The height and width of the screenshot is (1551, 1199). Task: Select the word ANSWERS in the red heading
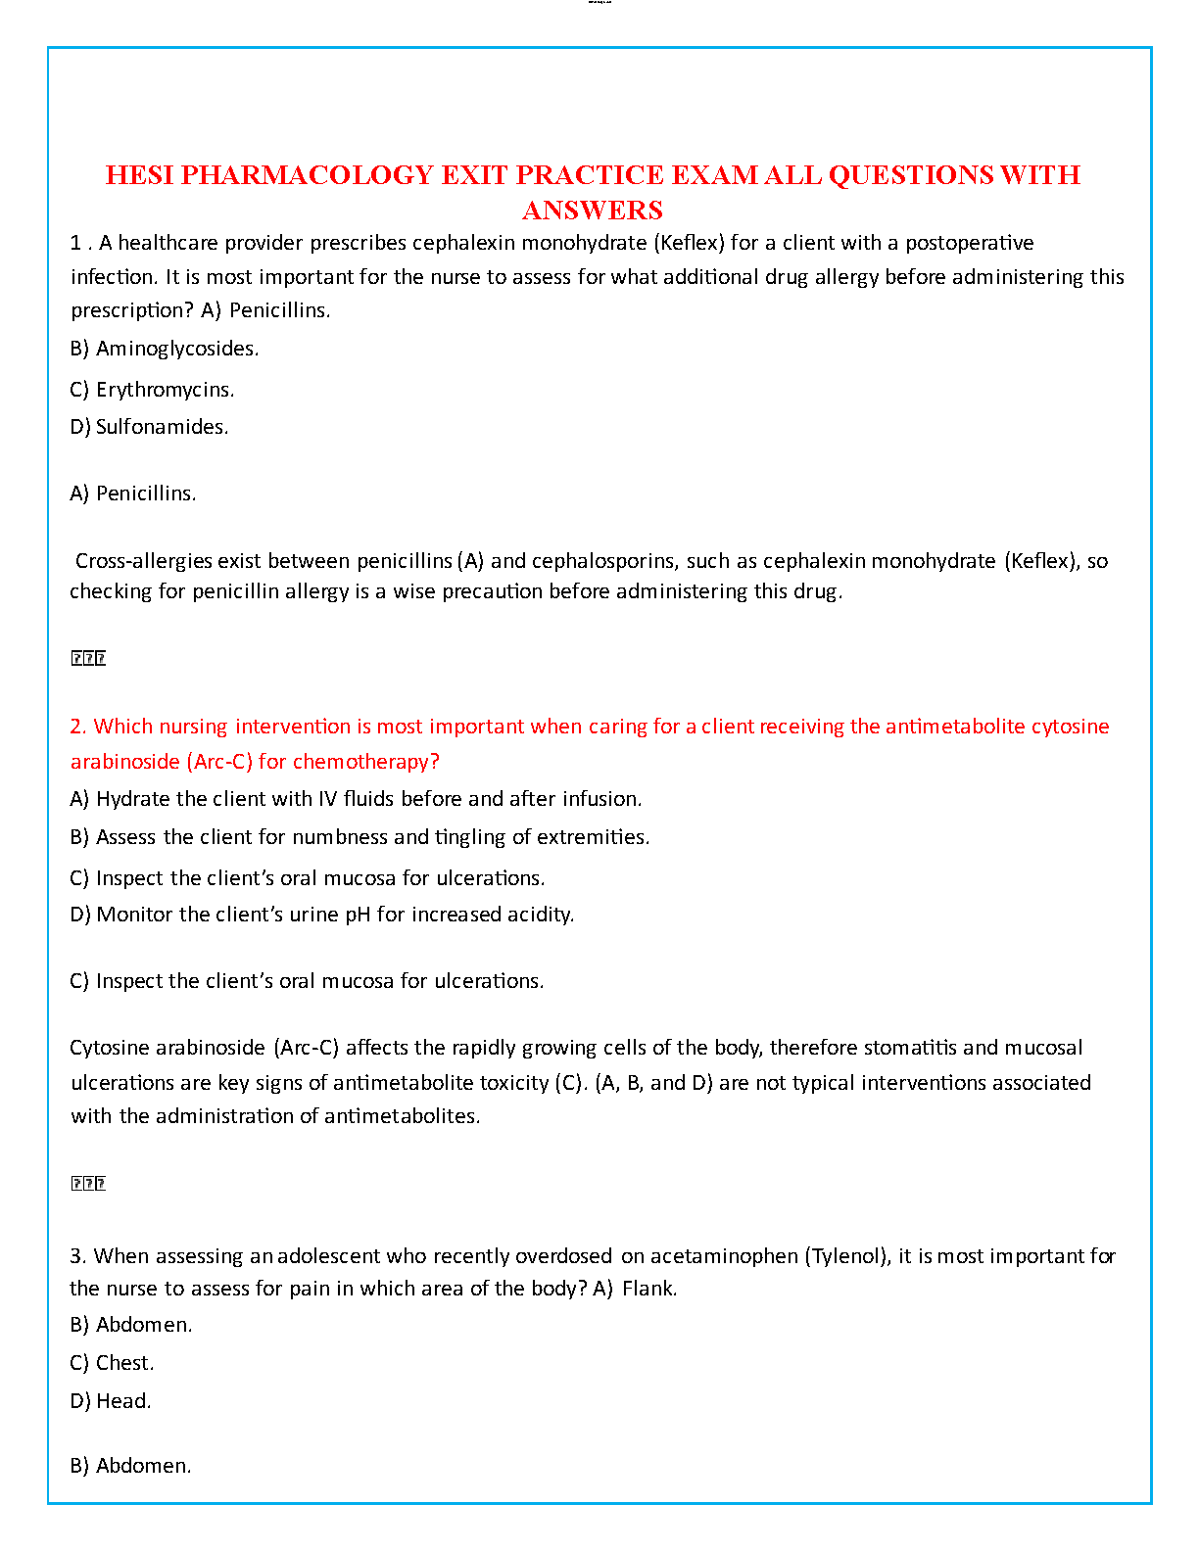593,211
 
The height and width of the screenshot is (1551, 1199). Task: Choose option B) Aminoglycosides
165,349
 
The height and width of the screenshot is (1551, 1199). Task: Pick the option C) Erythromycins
152,390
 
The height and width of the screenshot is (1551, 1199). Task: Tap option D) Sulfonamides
149,427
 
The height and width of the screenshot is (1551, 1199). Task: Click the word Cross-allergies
143,561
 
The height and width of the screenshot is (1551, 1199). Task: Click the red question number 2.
78,727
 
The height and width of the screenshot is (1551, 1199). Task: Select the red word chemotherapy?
366,762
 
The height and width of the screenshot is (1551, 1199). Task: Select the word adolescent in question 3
328,1256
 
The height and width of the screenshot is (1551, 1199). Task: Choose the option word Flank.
649,1289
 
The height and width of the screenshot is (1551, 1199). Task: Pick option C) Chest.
112,1363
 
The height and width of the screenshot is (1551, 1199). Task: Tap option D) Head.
111,1401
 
